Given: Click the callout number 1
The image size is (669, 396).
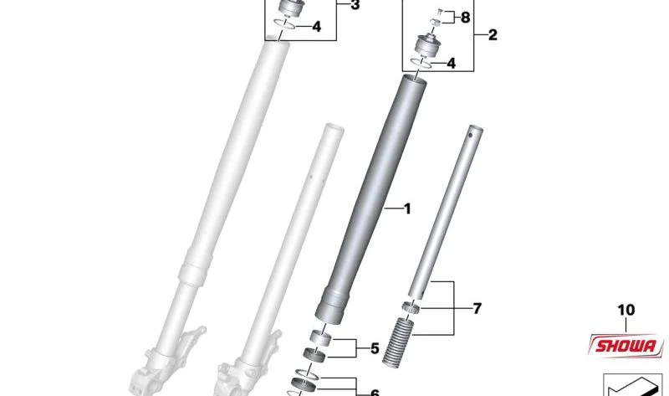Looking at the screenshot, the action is pos(407,209).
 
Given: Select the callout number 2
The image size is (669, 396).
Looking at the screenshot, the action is pos(493,34).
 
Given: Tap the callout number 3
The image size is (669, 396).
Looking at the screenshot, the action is pos(355,5).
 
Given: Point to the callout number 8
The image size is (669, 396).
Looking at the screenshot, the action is pos(465,18).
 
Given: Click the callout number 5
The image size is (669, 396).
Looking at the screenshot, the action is pos(375,348).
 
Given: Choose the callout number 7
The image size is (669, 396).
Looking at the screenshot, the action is pos(477,308).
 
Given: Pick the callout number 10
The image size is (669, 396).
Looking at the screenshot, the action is pos(626,310).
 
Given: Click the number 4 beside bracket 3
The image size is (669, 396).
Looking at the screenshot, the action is pos(316,27).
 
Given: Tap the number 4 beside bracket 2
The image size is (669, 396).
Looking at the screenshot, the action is pos(452,64).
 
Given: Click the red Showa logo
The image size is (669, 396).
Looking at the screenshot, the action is pos(626,345).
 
